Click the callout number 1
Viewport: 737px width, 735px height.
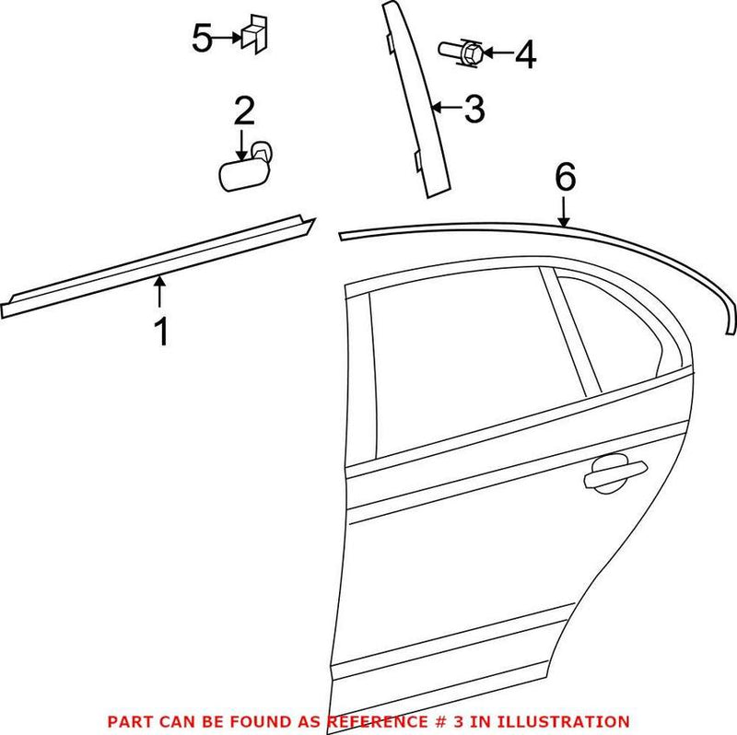coord(161,331)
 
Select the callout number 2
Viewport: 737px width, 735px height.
coord(244,111)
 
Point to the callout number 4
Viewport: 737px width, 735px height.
coord(523,54)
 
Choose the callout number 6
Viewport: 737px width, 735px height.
coord(565,176)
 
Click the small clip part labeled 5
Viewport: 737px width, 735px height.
coord(252,36)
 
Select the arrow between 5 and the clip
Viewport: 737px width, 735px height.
coord(228,38)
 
